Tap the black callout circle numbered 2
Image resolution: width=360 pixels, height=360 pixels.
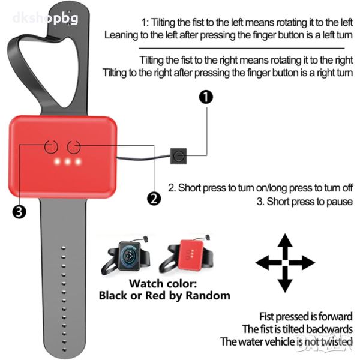click(x=154, y=198)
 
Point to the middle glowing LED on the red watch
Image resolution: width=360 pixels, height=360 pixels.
click(x=67, y=163)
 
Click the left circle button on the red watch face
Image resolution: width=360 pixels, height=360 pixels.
click(x=51, y=146)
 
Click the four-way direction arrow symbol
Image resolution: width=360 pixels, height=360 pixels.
click(x=285, y=262)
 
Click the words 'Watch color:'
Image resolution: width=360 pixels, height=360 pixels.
click(x=164, y=283)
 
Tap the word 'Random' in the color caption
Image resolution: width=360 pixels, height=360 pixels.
click(x=206, y=295)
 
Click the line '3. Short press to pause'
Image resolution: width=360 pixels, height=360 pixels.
click(x=305, y=202)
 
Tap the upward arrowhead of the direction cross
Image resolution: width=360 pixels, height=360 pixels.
click(x=285, y=241)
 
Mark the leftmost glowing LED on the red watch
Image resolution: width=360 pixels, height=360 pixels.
click(x=57, y=163)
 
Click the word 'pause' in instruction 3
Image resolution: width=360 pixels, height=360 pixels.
click(x=340, y=202)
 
